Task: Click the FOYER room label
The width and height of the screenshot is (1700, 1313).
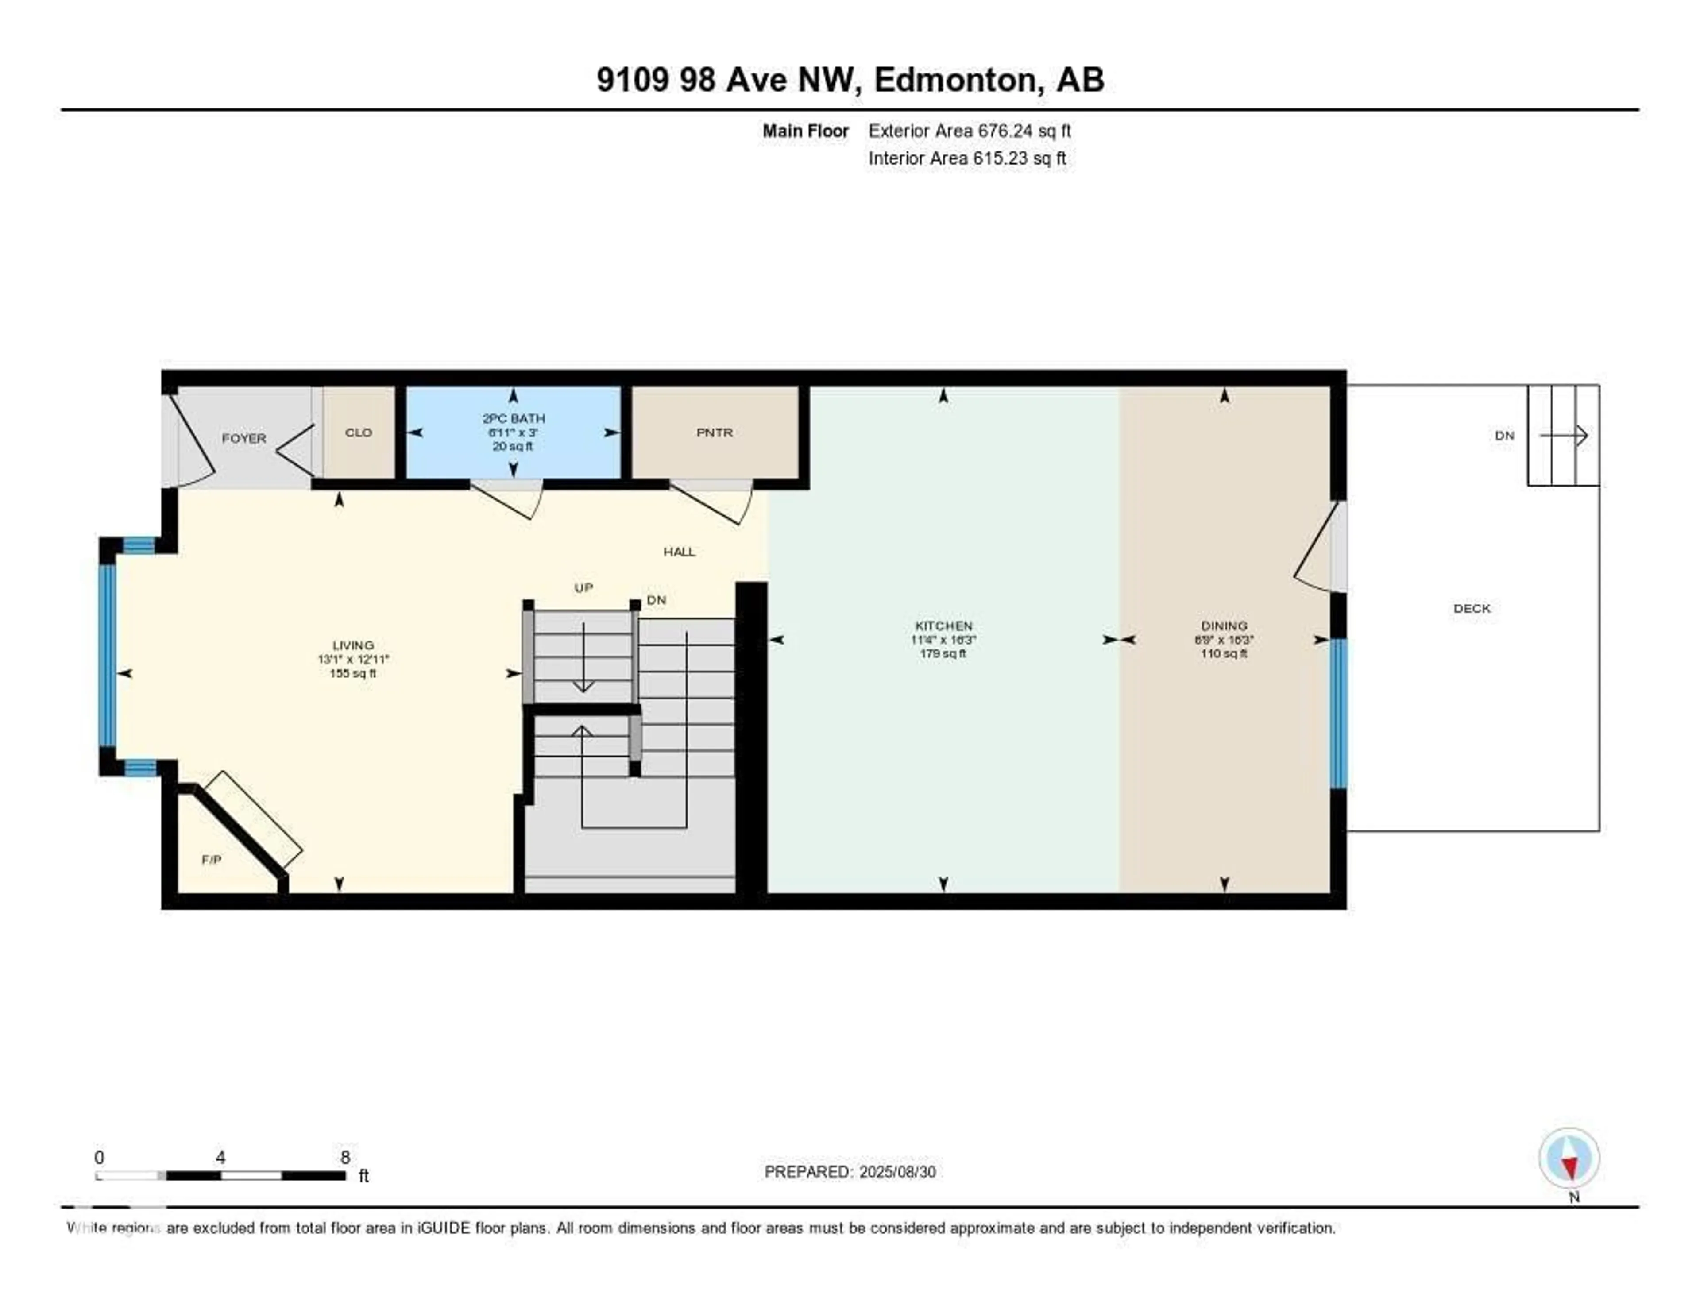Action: pos(243,438)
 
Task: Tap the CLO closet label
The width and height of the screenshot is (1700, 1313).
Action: pos(358,433)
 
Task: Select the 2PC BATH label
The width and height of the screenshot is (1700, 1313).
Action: pos(513,419)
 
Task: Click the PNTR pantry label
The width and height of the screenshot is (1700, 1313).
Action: pos(714,433)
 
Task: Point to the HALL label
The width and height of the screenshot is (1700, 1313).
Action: pos(679,552)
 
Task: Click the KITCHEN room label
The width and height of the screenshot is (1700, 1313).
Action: pos(943,626)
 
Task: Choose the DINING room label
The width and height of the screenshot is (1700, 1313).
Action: pos(1224,626)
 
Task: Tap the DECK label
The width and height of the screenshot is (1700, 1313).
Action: pos(1471,609)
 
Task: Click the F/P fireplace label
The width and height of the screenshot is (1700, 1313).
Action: pos(211,859)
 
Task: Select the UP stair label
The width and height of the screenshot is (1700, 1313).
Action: pos(583,587)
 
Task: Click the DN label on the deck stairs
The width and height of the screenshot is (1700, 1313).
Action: pos(1504,436)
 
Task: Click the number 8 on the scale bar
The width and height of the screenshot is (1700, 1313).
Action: pos(345,1157)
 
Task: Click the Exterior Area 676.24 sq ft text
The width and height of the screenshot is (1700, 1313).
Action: pos(969,131)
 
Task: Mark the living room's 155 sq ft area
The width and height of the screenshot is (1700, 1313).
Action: pos(352,673)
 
